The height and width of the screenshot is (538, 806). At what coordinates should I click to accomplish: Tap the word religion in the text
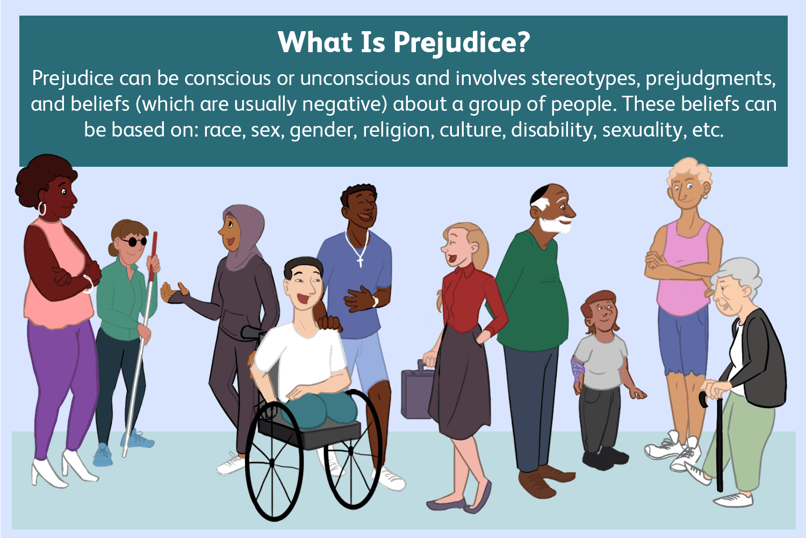pos(397,130)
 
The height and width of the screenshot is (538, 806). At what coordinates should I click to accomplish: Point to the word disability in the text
pos(553,130)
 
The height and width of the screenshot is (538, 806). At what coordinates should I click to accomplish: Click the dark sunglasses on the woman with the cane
pos(133,242)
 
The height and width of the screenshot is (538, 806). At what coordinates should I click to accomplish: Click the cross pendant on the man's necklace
pos(360,261)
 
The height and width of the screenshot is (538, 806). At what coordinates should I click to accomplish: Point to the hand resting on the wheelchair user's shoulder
pos(329,323)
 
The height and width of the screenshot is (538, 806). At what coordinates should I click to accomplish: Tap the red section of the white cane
pos(154,253)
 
